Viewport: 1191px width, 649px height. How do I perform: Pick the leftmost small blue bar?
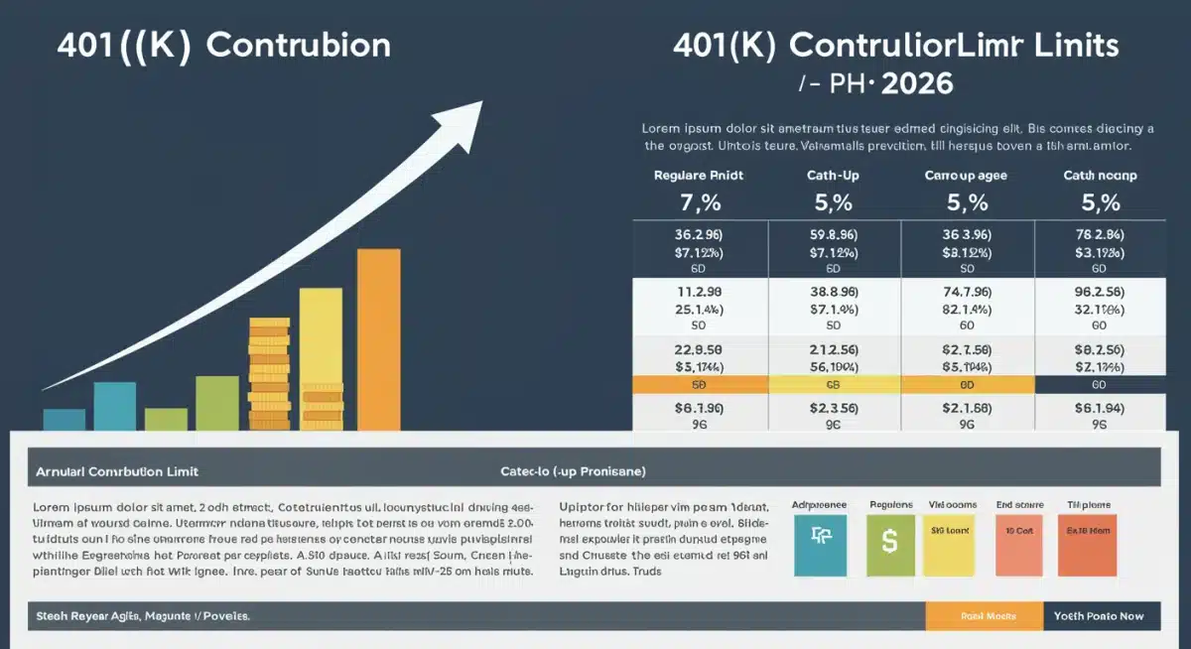[64, 420]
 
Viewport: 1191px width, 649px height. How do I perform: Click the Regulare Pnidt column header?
[698, 176]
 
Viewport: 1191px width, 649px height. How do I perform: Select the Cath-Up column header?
[833, 176]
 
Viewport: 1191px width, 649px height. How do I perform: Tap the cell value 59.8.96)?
[833, 236]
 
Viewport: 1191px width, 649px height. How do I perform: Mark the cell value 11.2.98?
[699, 293]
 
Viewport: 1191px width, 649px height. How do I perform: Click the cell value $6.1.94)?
[1099, 408]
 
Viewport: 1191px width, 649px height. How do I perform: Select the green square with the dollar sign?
[890, 545]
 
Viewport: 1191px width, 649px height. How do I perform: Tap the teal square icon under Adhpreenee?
[820, 545]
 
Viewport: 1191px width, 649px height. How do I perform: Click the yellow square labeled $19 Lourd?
[950, 545]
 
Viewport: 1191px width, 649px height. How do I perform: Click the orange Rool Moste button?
[984, 616]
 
